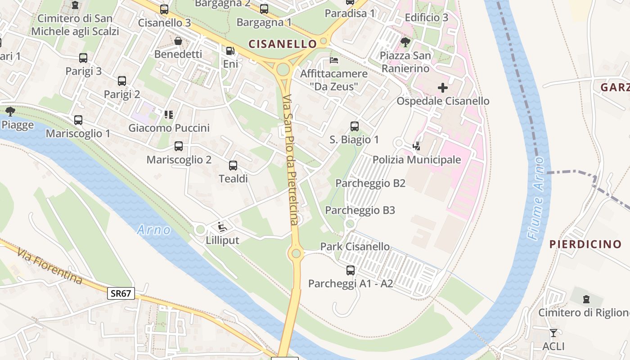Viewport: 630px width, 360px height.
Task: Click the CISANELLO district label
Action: pyautogui.click(x=283, y=44)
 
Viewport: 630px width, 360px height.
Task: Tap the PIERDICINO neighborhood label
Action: pyautogui.click(x=585, y=244)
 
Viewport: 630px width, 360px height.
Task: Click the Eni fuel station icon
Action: pyautogui.click(x=230, y=51)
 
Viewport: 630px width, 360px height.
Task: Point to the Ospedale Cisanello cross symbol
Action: pyautogui.click(x=443, y=88)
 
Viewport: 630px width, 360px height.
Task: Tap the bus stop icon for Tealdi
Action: pyautogui.click(x=233, y=166)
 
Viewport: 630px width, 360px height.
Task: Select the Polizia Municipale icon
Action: pyautogui.click(x=417, y=146)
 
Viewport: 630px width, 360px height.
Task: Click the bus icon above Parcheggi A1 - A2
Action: pyautogui.click(x=351, y=270)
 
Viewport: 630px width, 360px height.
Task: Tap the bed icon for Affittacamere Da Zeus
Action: pyautogui.click(x=334, y=60)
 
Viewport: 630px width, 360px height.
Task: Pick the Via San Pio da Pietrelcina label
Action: pyautogui.click(x=291, y=160)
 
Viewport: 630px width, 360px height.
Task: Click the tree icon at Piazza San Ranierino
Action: pyautogui.click(x=405, y=42)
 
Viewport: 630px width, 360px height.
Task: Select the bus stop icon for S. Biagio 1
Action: pyautogui.click(x=355, y=126)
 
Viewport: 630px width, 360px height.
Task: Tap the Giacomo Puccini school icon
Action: pyautogui.click(x=169, y=115)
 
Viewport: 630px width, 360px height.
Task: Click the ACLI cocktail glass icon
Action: pyautogui.click(x=553, y=333)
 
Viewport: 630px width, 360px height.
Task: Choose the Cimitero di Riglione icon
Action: pyautogui.click(x=586, y=299)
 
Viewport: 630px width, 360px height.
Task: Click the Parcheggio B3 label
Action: pyautogui.click(x=360, y=210)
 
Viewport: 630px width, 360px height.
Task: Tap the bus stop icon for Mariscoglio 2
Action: pyautogui.click(x=179, y=146)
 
